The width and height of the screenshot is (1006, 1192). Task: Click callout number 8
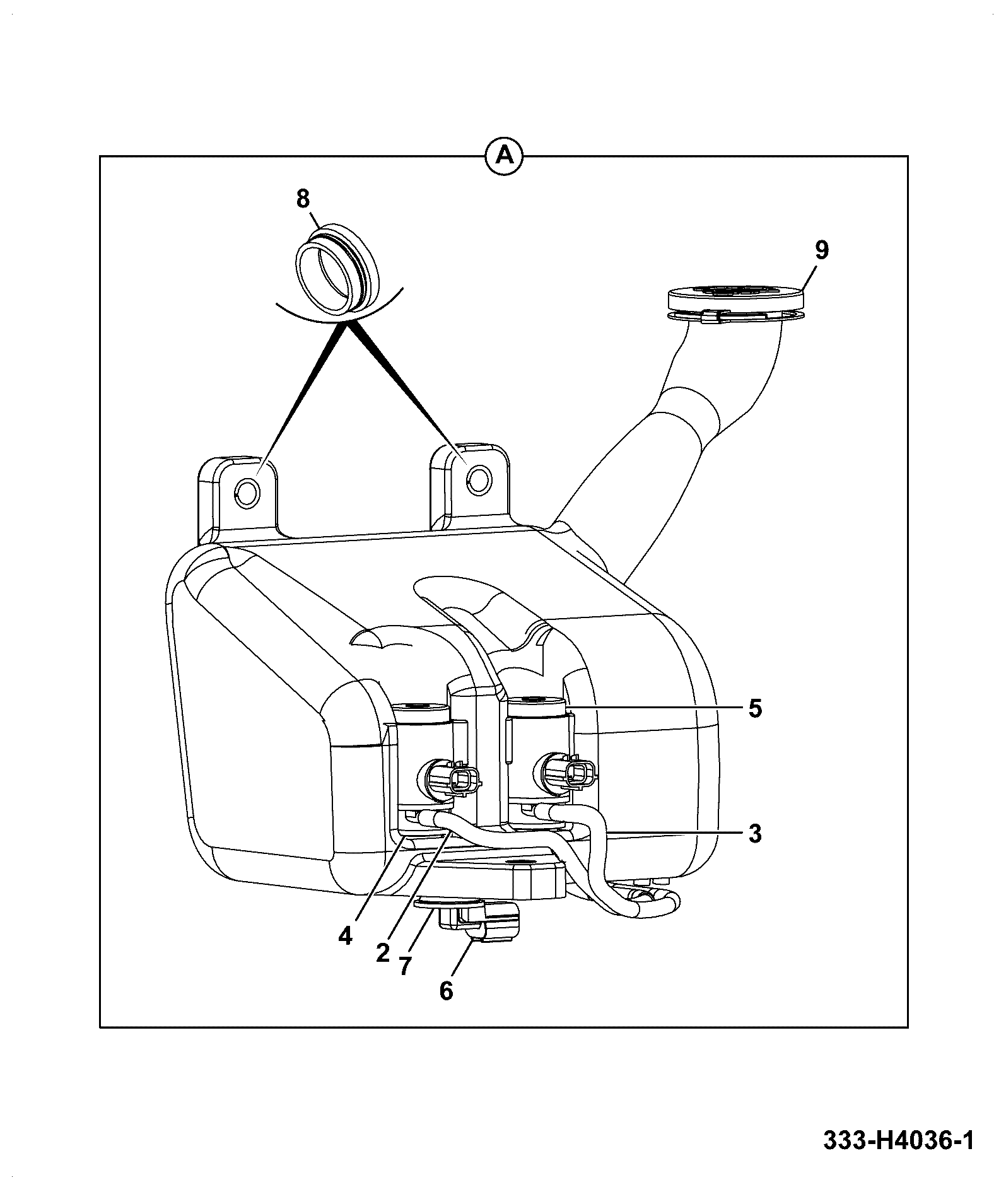pyautogui.click(x=303, y=199)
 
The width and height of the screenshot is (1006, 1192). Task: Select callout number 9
pyautogui.click(x=821, y=250)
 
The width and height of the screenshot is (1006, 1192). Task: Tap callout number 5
pyautogui.click(x=755, y=709)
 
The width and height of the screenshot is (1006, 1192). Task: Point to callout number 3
pyautogui.click(x=755, y=834)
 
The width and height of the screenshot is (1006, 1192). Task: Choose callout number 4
pyautogui.click(x=345, y=936)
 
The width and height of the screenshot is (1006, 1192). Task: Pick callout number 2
pyautogui.click(x=383, y=953)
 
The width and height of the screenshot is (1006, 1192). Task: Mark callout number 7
pyautogui.click(x=404, y=966)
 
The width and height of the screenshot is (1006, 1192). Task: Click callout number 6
pyautogui.click(x=446, y=991)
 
